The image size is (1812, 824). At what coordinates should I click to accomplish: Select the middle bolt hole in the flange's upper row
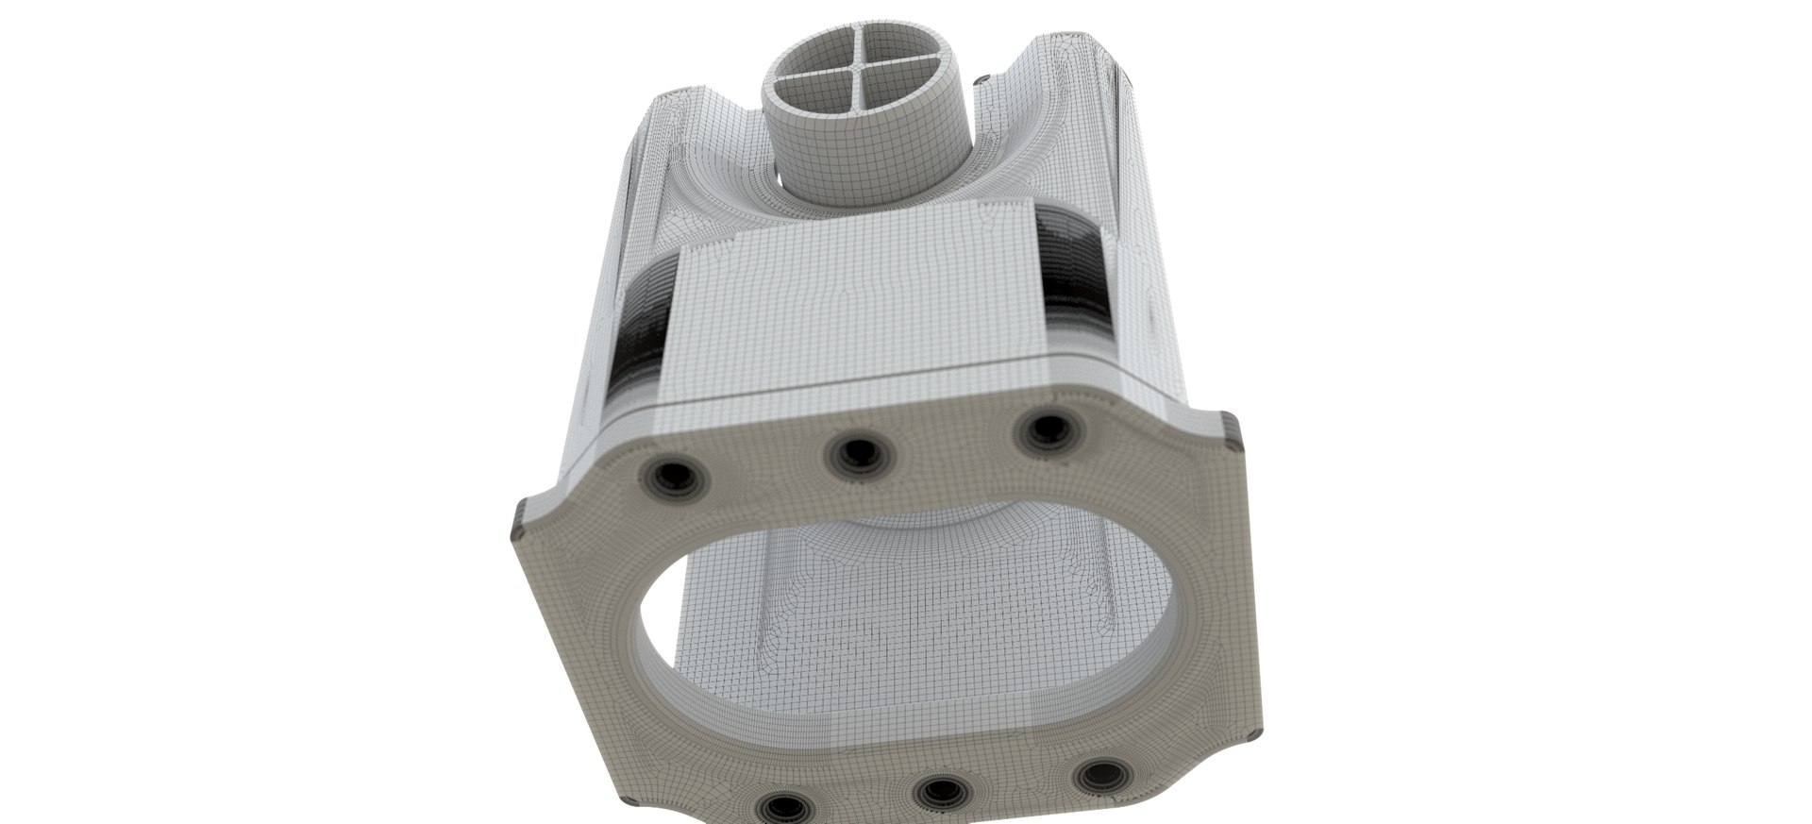click(855, 456)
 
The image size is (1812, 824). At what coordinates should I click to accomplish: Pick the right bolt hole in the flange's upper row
click(1047, 429)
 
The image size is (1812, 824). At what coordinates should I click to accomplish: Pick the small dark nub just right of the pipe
click(981, 79)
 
